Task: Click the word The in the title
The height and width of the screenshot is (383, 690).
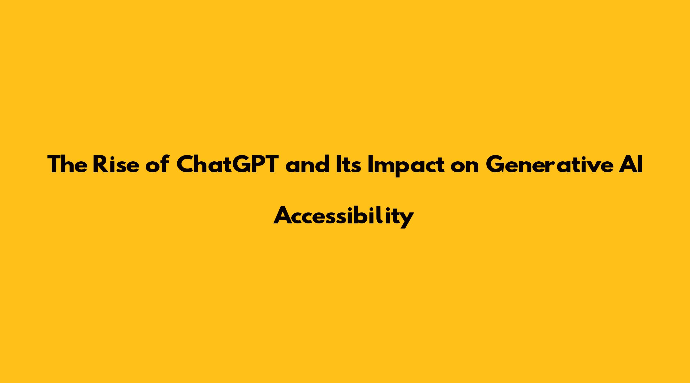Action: pos(67,165)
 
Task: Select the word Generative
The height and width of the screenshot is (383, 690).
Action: pos(549,165)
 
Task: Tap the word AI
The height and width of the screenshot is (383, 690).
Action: pos(631,165)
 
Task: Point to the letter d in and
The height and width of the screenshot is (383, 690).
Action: pos(321,164)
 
